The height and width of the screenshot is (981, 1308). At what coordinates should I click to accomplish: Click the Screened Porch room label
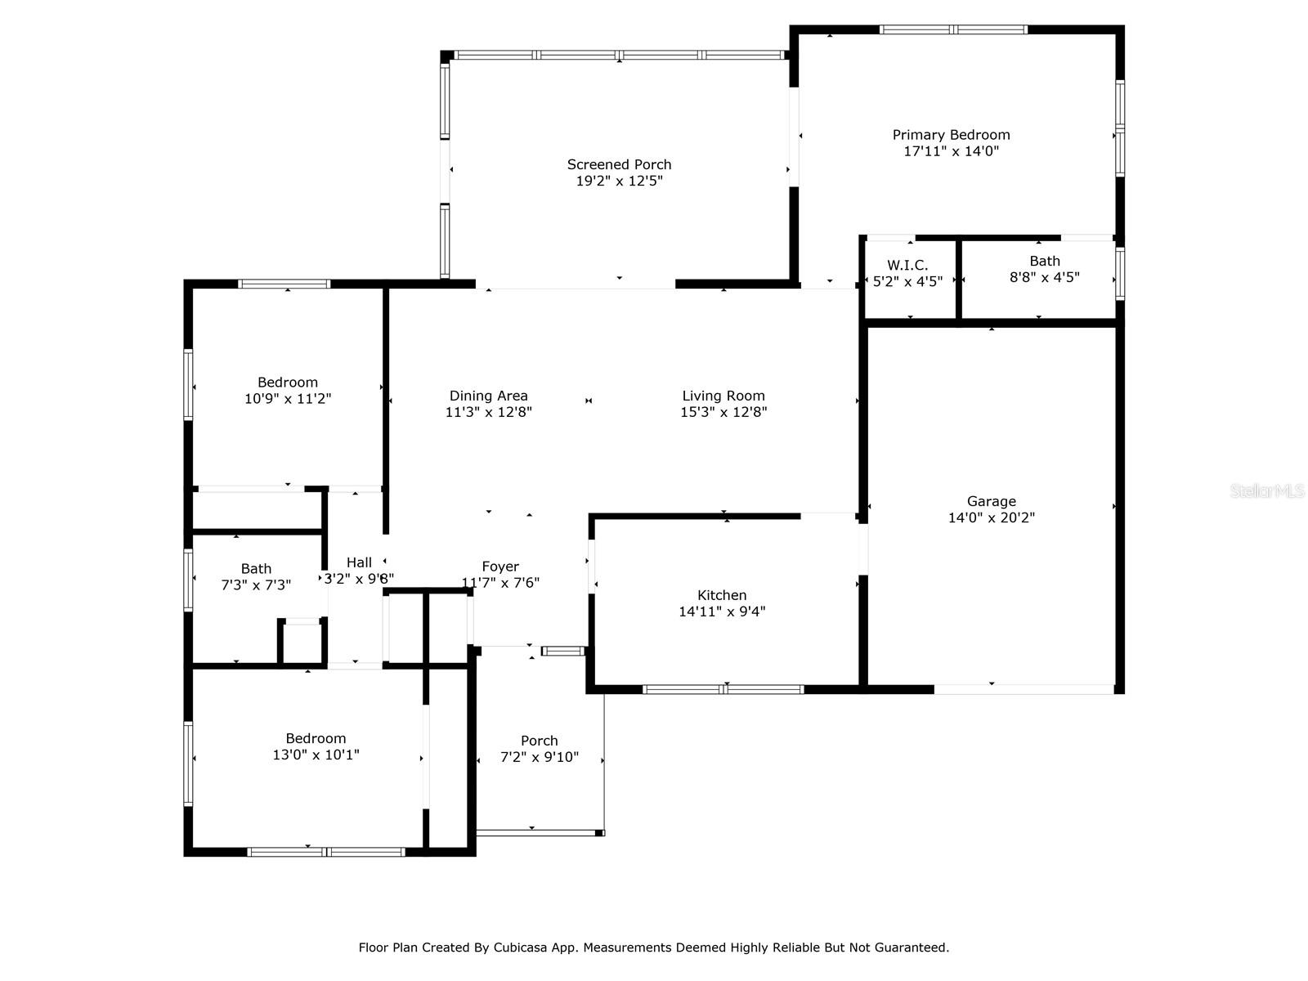point(619,164)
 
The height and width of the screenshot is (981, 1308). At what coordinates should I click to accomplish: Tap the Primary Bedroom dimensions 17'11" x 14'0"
point(951,151)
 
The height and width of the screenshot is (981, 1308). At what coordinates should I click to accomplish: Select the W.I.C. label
point(907,265)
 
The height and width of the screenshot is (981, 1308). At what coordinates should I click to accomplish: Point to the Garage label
point(991,501)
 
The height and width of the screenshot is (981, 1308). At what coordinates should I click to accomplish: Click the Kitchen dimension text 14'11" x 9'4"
point(722,611)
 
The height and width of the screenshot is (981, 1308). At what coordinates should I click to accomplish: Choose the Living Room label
point(723,396)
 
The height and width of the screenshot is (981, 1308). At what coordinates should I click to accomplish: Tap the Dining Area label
point(488,396)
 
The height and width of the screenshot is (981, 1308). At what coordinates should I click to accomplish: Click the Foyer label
point(500,567)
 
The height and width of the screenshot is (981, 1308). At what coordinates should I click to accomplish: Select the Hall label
point(359,562)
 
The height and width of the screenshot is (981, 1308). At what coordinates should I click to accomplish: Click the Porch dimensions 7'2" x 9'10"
point(540,757)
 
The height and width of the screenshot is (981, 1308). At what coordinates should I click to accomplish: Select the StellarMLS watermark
point(1267,490)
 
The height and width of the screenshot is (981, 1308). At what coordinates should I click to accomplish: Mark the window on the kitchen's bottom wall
point(723,690)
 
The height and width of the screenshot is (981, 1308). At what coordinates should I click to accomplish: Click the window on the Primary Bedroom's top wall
point(953,29)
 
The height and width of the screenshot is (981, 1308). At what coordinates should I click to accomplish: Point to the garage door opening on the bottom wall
point(1024,690)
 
